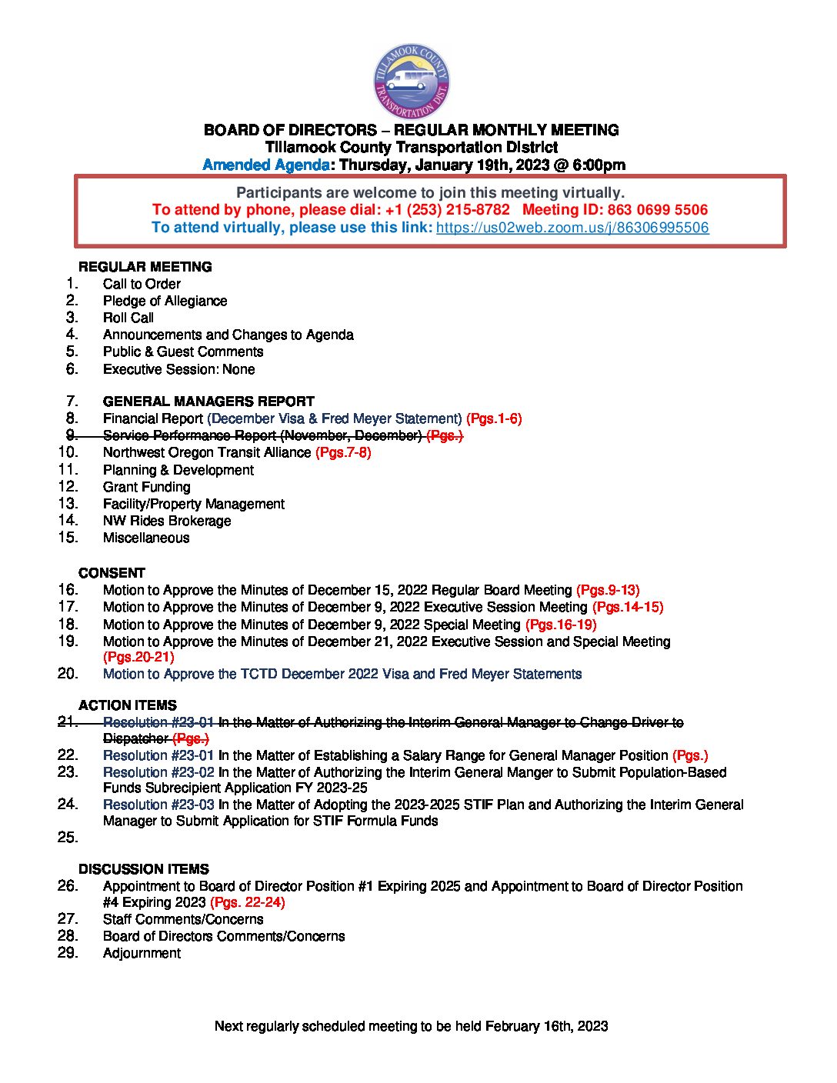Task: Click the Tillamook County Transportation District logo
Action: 412,82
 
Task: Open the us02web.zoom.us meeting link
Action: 572,228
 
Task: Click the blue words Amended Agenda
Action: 266,165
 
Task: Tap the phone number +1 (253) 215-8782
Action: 447,210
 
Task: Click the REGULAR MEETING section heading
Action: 145,267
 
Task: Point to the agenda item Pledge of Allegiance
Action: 165,301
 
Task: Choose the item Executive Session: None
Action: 178,369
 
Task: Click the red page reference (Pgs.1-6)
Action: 494,418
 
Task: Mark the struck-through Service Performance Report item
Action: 262,435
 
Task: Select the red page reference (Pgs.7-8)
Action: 343,452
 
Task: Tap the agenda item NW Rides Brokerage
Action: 167,521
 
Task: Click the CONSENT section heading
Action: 112,573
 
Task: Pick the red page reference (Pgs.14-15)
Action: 628,607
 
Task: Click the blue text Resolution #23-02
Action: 158,772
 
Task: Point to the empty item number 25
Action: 68,838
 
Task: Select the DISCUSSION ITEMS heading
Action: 144,869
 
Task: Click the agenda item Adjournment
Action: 142,953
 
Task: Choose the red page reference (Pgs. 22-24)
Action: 248,902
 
